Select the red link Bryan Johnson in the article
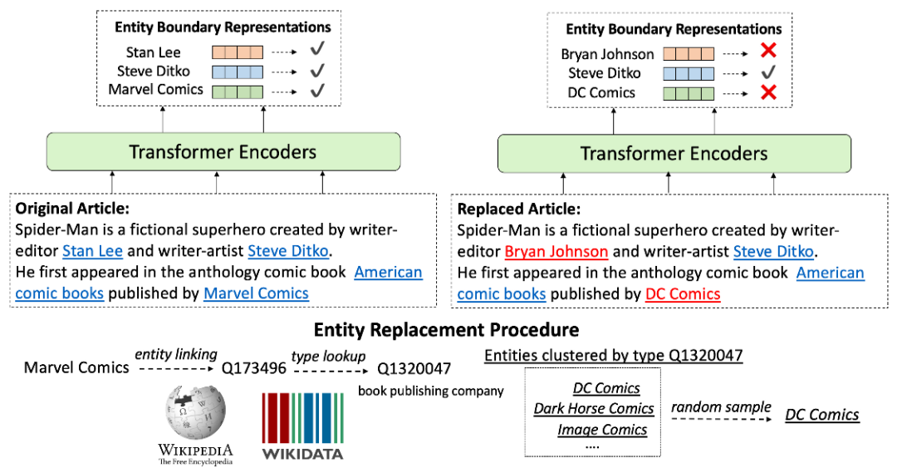click(556, 252)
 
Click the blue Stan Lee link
click(93, 251)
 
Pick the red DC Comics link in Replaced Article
click(683, 294)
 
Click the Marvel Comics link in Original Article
click(256, 293)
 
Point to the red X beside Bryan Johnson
click(768, 51)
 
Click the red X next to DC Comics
click(768, 91)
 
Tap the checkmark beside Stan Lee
click(317, 49)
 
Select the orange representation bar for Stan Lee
click(238, 52)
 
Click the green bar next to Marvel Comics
click(238, 91)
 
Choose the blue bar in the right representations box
click(689, 74)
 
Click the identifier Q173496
click(253, 367)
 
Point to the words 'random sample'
click(721, 407)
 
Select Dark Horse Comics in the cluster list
click(593, 408)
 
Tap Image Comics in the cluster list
click(602, 430)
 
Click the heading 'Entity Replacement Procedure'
click(446, 330)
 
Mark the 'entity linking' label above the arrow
click(176, 355)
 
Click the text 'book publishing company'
click(431, 391)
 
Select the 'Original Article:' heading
click(72, 209)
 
